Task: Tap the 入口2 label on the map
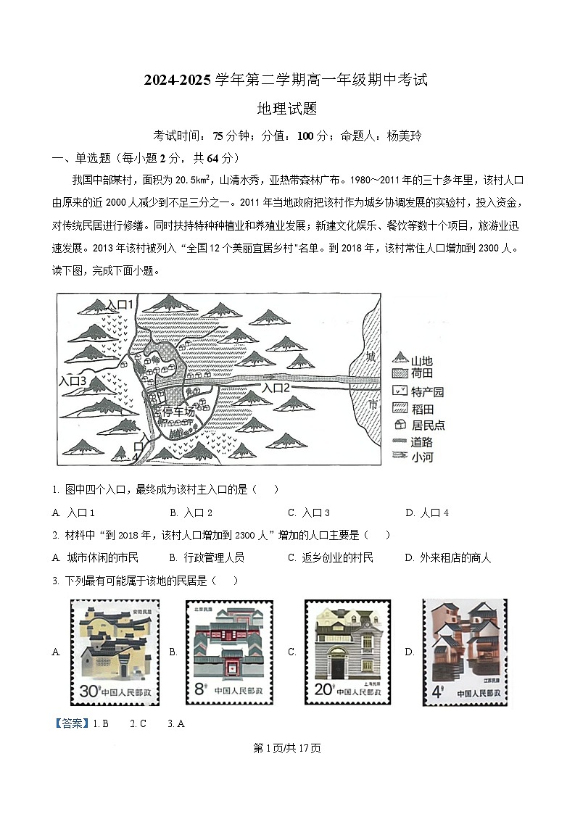click(x=276, y=388)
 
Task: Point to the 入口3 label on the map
click(x=73, y=380)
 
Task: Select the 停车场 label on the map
click(x=178, y=412)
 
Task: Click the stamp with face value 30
click(x=115, y=652)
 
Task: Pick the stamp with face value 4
click(x=466, y=652)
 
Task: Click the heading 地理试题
click(x=287, y=109)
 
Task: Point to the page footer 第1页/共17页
click(x=287, y=748)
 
